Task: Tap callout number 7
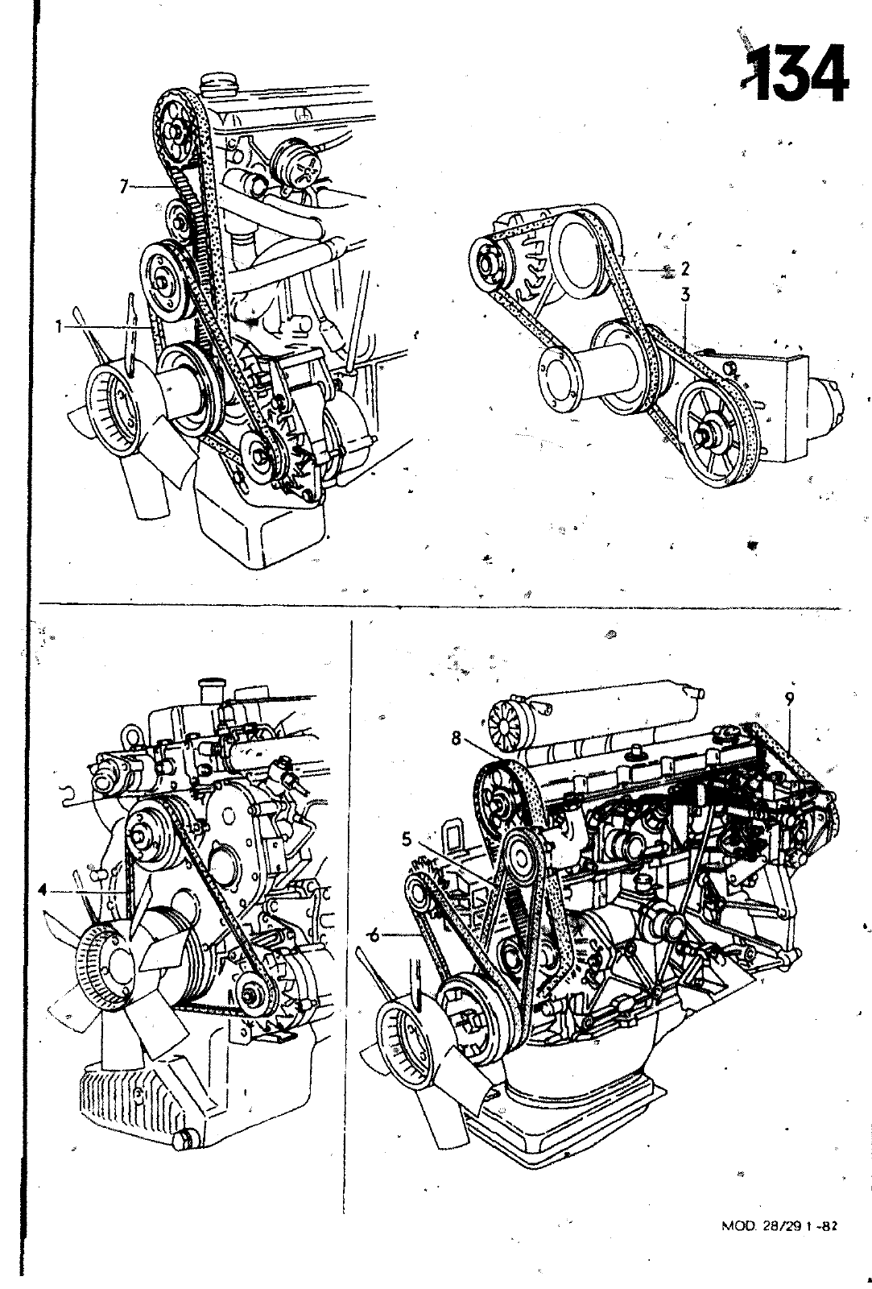click(123, 187)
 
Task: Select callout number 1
click(60, 327)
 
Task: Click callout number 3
click(684, 296)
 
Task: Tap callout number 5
click(407, 839)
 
